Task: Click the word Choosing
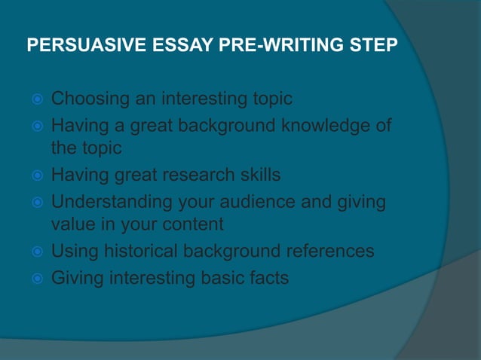click(90, 99)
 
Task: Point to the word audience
click(257, 202)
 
